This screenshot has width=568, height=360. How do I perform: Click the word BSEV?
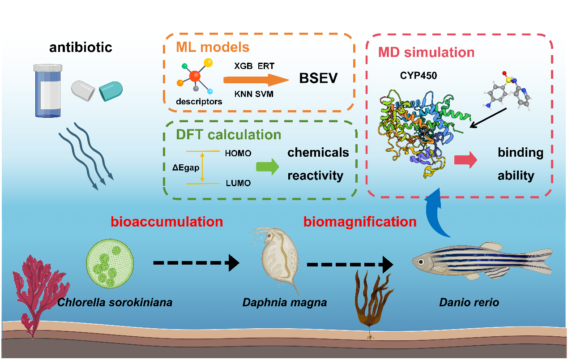point(319,79)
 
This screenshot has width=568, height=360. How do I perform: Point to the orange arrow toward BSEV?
point(256,80)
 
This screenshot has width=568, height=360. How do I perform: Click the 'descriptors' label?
point(199,102)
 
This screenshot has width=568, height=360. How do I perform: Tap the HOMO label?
point(238,154)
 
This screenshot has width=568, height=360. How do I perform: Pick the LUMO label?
point(238,183)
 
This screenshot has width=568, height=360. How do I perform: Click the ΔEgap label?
point(185,167)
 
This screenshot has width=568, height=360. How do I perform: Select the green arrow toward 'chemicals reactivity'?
point(267,167)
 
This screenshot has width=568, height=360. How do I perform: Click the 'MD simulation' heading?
point(426,52)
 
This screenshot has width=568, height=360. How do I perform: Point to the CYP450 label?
point(419,76)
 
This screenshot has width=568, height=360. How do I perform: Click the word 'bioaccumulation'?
point(167,222)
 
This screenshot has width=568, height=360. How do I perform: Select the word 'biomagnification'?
point(360,222)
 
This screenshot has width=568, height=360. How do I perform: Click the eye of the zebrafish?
point(422,261)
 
